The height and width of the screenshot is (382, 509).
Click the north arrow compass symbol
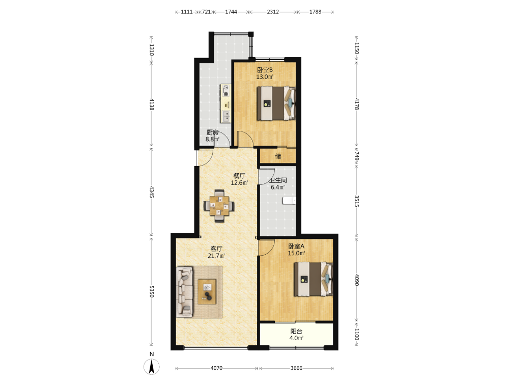point(152,367)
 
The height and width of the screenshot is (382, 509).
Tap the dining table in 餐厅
point(219,206)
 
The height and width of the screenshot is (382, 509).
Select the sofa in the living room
point(185,292)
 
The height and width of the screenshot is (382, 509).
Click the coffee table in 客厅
point(207,291)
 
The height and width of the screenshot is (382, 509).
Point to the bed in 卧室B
point(276,103)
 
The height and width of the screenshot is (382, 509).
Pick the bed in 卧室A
point(313,279)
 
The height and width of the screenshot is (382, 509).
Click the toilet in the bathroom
point(289,200)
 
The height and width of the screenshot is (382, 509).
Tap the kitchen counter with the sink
point(226,103)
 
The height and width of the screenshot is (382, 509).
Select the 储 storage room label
point(278,156)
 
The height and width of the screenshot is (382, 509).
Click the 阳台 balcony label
point(296,332)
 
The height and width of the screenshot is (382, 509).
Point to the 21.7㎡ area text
point(216,256)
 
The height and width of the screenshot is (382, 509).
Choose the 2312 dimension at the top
point(273,12)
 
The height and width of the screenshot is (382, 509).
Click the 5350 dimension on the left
point(151,292)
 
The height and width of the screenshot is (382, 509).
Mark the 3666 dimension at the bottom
point(296,368)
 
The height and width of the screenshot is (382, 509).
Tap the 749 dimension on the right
point(356,156)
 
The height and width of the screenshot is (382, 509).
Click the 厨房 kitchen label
point(213,132)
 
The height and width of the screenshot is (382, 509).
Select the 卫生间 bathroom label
point(278,180)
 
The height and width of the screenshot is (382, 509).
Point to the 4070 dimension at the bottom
point(216,368)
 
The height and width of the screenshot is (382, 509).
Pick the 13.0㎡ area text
point(265,77)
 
